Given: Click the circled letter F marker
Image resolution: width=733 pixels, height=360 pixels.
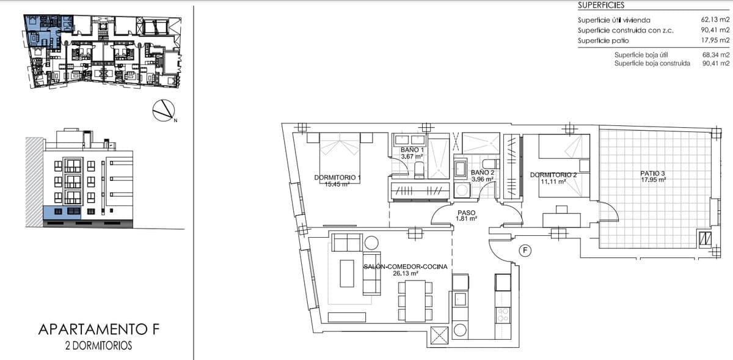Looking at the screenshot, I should [524, 250].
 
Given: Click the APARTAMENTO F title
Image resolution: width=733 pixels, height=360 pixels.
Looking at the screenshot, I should [98, 330].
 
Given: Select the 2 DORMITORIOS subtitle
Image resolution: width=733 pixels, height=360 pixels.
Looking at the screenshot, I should [98, 346].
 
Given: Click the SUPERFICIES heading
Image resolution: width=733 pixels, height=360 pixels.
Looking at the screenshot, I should [601, 5].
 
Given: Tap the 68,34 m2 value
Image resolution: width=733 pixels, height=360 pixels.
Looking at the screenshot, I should [715, 54].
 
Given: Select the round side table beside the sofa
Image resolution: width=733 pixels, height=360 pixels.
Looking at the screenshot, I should [371, 243].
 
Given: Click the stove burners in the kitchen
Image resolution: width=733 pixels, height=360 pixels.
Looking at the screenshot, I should [503, 315].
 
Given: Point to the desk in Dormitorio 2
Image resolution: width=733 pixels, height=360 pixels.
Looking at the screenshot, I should [562, 218].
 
